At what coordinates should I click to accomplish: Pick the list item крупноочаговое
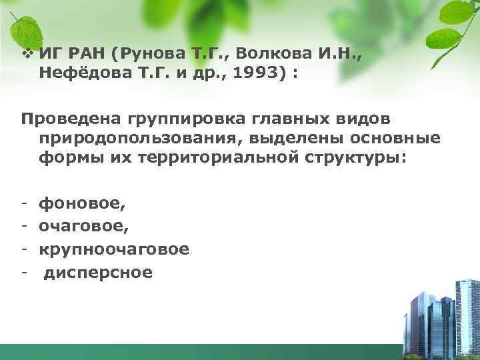114,249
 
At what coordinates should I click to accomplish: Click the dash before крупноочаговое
24,249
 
